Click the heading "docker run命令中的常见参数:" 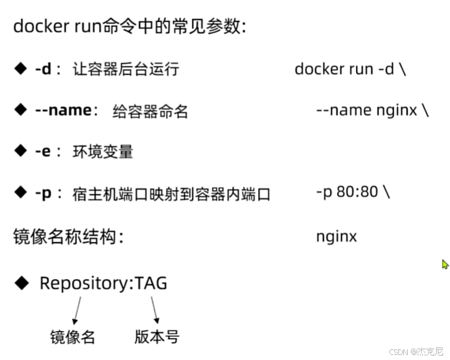tap(130, 27)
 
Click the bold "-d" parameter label tap(42, 69)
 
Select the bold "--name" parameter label tap(61, 110)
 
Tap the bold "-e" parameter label tap(42, 152)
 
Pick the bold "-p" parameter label tap(42, 193)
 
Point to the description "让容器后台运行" tap(126, 69)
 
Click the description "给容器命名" tap(150, 111)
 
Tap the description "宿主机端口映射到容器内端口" tap(172, 194)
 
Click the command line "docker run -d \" tap(350, 69)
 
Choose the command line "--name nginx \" tap(372, 110)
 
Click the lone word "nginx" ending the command tap(336, 237)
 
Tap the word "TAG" tap(152, 282)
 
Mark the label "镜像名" tap(73, 337)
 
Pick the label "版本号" tap(157, 336)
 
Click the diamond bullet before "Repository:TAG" tap(22, 282)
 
